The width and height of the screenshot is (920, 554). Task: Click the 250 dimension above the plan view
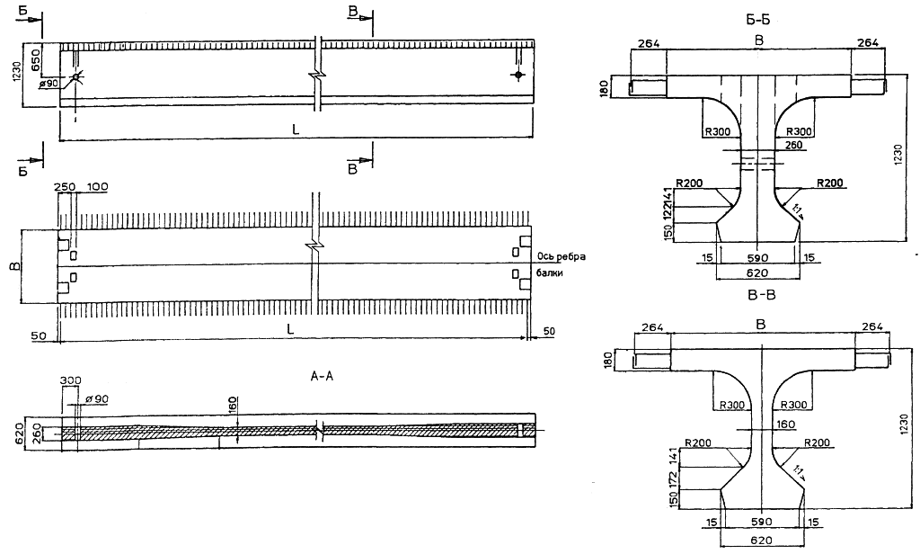pyautogui.click(x=65, y=185)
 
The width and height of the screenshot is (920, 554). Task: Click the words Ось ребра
pyautogui.click(x=562, y=255)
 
